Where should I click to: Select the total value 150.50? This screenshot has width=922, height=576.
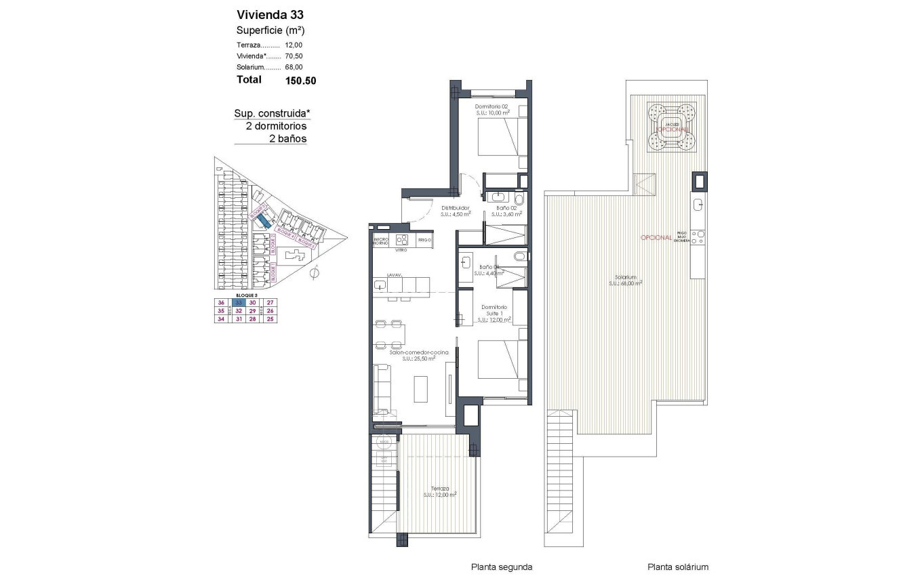[300, 80]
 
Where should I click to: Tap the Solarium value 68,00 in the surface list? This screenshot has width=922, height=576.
[294, 67]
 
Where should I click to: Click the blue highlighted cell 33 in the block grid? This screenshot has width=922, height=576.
[237, 303]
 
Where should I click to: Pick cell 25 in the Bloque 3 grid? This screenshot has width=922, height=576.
[270, 319]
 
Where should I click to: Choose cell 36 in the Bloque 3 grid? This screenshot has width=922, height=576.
[220, 303]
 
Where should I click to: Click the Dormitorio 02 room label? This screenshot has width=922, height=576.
[492, 107]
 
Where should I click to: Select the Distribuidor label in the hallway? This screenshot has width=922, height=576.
[456, 208]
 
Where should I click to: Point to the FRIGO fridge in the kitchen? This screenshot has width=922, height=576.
[424, 240]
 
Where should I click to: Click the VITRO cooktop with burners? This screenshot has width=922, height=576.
[401, 240]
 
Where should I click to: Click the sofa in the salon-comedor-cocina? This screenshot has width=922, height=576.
[382, 389]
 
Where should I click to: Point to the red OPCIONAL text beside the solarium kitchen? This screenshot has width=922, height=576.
[656, 238]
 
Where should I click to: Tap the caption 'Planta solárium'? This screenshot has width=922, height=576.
[677, 567]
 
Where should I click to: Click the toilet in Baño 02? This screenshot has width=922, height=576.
[519, 199]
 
